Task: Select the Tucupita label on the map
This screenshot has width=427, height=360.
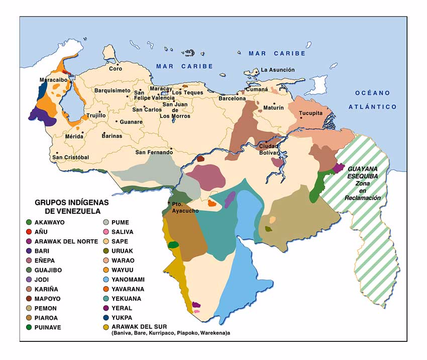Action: (x=311, y=113)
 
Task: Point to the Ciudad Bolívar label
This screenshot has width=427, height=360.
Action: (x=268, y=149)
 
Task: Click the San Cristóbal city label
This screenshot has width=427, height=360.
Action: (x=71, y=157)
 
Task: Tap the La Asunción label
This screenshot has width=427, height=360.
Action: (x=278, y=70)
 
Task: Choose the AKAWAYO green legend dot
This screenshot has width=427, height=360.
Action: (x=30, y=222)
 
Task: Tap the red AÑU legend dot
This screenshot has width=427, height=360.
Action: (x=30, y=232)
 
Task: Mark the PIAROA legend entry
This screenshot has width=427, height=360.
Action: (x=47, y=318)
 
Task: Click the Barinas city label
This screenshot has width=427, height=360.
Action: (x=112, y=136)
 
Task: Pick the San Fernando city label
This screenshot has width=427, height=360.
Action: (x=154, y=152)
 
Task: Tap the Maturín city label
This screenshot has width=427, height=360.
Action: (x=273, y=108)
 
